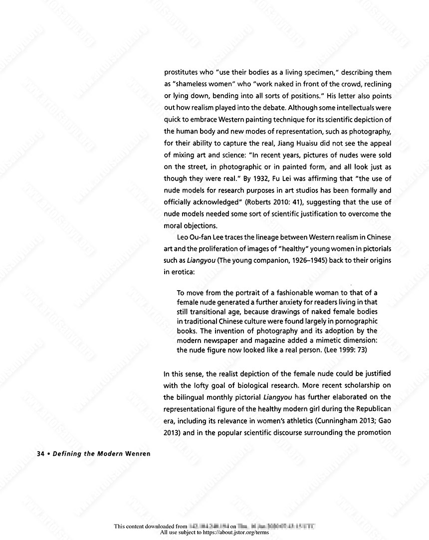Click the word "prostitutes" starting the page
coord(181,72)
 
